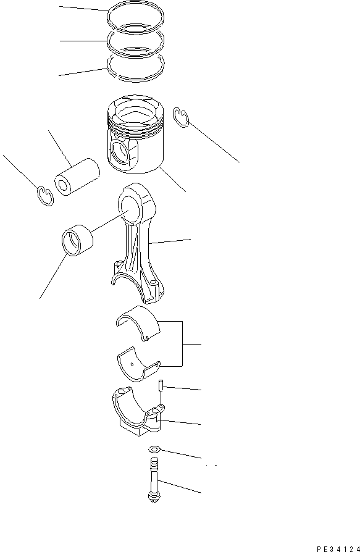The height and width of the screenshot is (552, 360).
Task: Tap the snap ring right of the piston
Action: [181, 117]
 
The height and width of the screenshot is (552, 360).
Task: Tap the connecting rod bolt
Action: [154, 479]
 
